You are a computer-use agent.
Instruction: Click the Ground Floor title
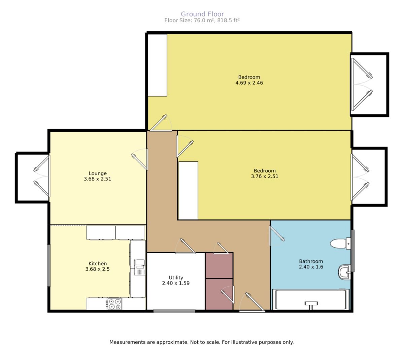pyautogui.click(x=202, y=14)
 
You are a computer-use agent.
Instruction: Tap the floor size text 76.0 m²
pyautogui.click(x=201, y=20)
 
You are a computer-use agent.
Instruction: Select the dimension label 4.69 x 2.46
pyautogui.click(x=249, y=83)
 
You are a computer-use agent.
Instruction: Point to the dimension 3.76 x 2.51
pyautogui.click(x=264, y=176)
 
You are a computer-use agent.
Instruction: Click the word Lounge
pyautogui.click(x=98, y=173)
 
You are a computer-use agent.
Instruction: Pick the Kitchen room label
pyautogui.click(x=98, y=263)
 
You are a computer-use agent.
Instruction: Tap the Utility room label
pyautogui.click(x=176, y=277)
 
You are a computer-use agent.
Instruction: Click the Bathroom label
pyautogui.click(x=311, y=261)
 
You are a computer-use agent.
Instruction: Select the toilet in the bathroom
pyautogui.click(x=340, y=243)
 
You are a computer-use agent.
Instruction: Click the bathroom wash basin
pyautogui.click(x=344, y=272)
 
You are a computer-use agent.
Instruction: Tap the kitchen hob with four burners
pyautogui.click(x=114, y=304)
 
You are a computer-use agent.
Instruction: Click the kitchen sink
pyautogui.click(x=140, y=267)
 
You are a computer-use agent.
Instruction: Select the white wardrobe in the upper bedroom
pyautogui.click(x=157, y=65)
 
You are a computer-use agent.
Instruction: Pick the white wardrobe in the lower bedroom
pyautogui.click(x=188, y=191)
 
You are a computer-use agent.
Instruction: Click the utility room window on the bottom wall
pyautogui.click(x=174, y=311)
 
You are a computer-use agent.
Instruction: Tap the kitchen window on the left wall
pyautogui.click(x=49, y=265)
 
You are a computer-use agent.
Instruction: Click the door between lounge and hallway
pyautogui.click(x=140, y=159)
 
